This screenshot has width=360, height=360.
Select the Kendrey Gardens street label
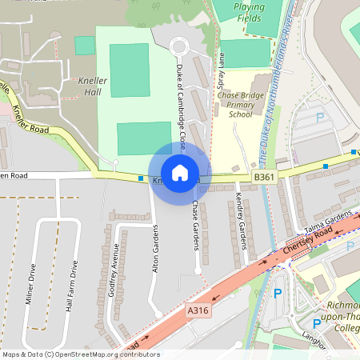pos(239,219)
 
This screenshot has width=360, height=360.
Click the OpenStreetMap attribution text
pos(81,354)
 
